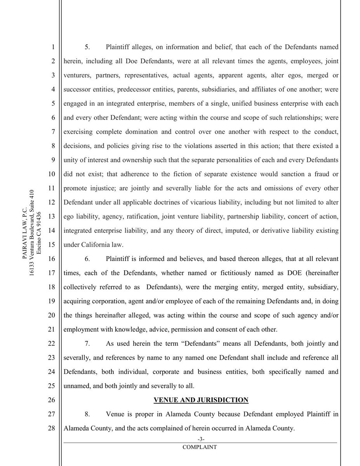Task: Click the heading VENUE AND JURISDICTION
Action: (x=201, y=400)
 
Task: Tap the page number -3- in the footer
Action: (x=201, y=439)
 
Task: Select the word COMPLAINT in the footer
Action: (x=201, y=447)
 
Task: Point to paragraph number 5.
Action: (x=87, y=47)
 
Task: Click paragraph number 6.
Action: (x=87, y=259)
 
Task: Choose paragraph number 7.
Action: (x=87, y=344)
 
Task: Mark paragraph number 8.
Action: (x=87, y=414)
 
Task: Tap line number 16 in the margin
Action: (x=50, y=259)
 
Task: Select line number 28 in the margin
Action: (x=50, y=428)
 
